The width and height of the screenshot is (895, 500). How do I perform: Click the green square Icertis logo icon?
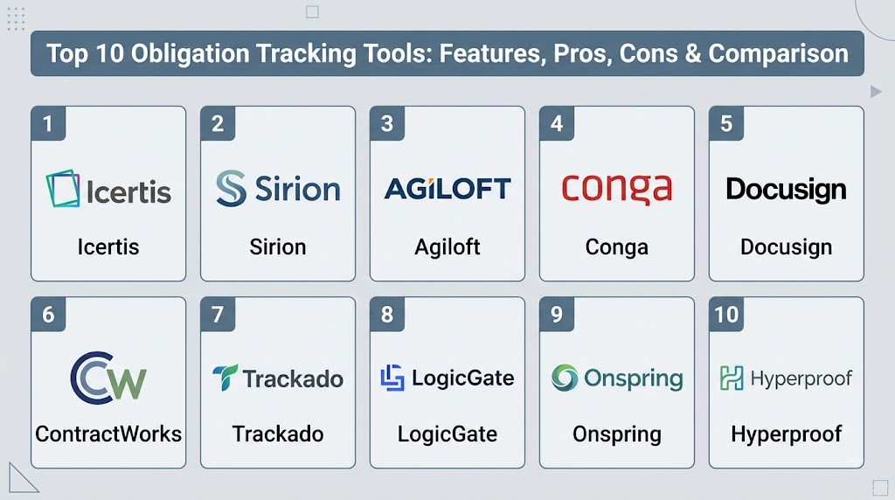click(x=63, y=188)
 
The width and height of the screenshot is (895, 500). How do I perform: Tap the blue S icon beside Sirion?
click(x=231, y=188)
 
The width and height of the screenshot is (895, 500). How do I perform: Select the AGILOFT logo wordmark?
click(x=447, y=188)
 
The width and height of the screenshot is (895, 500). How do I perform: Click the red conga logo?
click(x=616, y=188)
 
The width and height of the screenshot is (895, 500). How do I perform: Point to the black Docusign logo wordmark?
click(x=786, y=190)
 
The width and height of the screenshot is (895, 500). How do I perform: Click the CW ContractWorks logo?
click(x=108, y=378)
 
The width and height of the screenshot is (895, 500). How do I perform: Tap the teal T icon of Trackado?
click(x=225, y=378)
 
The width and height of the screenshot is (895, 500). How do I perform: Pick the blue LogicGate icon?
click(x=392, y=378)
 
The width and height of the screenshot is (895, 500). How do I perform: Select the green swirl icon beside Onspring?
click(x=565, y=378)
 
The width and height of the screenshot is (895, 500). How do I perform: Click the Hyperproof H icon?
click(x=732, y=378)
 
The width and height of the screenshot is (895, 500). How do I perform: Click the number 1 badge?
click(x=48, y=123)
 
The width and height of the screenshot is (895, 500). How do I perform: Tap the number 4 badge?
click(x=557, y=123)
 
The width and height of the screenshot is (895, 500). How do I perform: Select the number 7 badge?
click(x=218, y=315)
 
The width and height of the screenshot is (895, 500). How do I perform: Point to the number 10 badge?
click(x=726, y=315)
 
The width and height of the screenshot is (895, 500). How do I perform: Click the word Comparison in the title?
click(x=778, y=53)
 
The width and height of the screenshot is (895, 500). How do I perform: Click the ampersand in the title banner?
click(x=692, y=53)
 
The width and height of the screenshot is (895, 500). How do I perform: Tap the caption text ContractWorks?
click(x=108, y=434)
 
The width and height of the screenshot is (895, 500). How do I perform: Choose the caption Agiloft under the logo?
click(x=447, y=247)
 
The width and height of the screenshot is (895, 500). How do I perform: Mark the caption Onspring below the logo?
click(x=617, y=434)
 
